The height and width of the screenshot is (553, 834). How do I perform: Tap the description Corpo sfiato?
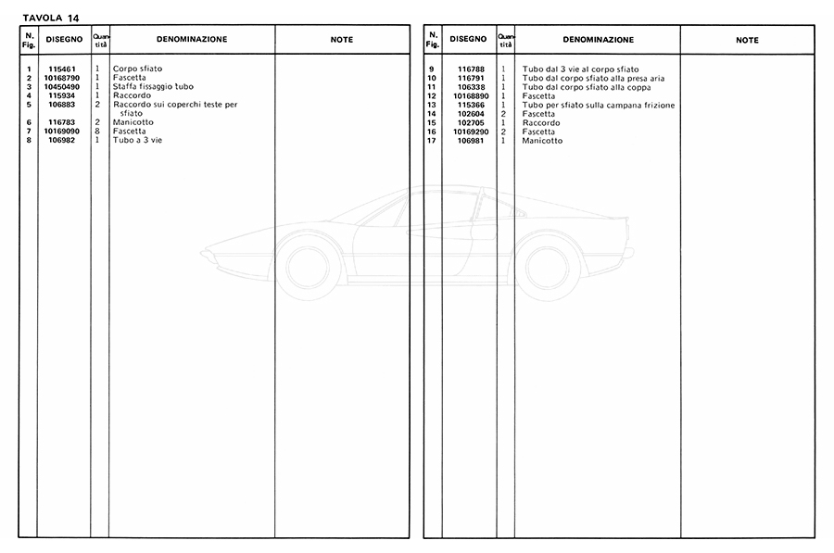coord(137,69)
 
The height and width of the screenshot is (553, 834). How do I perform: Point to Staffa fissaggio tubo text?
coord(153,87)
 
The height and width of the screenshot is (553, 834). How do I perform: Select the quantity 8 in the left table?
coord(97,132)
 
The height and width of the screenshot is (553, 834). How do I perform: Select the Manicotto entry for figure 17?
coord(542,141)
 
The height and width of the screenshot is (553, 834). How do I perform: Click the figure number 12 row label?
coord(432,96)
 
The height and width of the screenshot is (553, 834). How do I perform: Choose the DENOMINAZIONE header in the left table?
coord(192,40)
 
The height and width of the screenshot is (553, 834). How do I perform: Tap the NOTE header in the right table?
coord(747,40)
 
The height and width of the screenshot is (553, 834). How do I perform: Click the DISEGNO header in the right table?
coord(469,40)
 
